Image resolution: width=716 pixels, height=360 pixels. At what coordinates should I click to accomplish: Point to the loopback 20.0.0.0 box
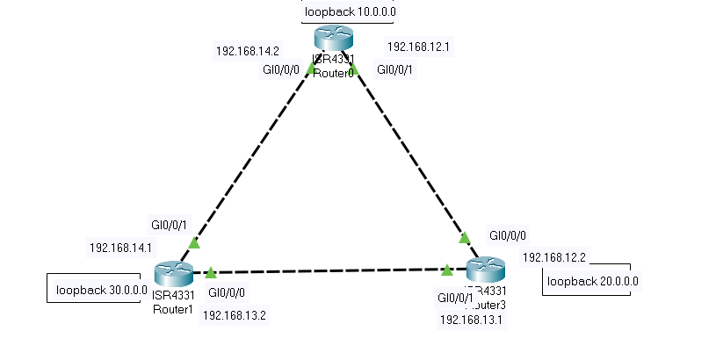592,282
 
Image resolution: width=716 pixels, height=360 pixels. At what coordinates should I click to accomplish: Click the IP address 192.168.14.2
249,51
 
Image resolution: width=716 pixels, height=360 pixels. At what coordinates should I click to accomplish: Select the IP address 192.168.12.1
420,46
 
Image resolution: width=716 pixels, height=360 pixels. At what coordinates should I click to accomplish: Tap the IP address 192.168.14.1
121,248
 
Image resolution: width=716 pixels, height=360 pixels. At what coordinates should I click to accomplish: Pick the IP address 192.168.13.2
235,315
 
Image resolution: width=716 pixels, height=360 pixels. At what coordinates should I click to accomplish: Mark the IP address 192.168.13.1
471,320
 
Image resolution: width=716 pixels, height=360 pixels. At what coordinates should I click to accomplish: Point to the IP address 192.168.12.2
553,257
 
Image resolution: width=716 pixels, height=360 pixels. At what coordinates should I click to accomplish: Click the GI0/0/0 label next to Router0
280,69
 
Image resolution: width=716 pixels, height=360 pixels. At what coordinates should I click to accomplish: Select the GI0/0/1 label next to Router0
395,69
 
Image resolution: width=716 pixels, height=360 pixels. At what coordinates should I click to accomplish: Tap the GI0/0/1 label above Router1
169,225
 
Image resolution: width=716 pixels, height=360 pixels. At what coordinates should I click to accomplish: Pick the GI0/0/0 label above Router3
508,235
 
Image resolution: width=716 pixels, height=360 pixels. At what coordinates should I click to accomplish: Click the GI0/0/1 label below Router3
455,298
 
